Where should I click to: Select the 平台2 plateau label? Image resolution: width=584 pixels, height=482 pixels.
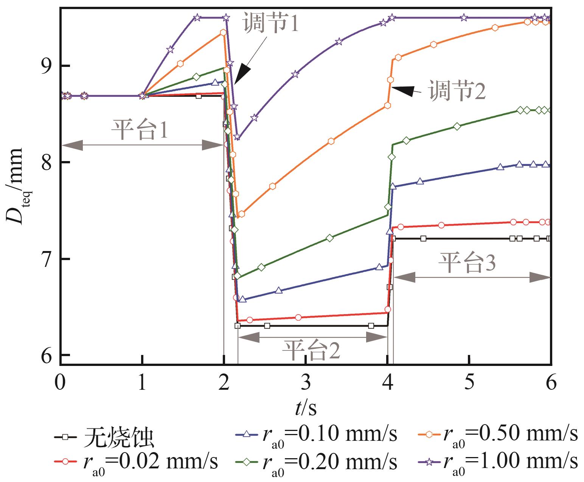[311, 350]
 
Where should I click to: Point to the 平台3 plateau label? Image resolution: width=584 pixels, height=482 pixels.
[467, 262]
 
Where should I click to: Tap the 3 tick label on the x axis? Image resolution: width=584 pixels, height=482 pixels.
[306, 383]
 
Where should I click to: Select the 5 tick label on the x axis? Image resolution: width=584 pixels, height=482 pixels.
[469, 383]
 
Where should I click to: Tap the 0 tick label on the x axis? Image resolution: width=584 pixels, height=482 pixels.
[60, 383]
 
